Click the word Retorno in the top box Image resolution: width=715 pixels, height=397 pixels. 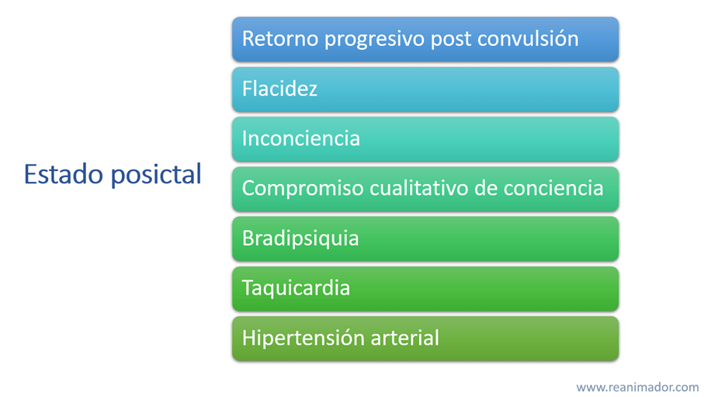click(280, 39)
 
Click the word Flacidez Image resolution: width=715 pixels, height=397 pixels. click(279, 89)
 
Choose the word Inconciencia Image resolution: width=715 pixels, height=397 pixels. click(301, 138)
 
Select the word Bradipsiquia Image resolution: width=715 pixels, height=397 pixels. click(300, 239)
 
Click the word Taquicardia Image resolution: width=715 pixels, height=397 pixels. click(296, 289)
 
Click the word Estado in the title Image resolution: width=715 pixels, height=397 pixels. click(64, 174)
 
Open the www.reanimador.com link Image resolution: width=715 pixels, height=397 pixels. click(637, 388)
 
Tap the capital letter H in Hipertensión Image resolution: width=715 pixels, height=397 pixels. click(248, 338)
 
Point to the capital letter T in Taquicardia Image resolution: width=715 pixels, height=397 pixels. click(248, 288)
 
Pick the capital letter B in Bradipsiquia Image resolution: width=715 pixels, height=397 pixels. click(248, 239)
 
